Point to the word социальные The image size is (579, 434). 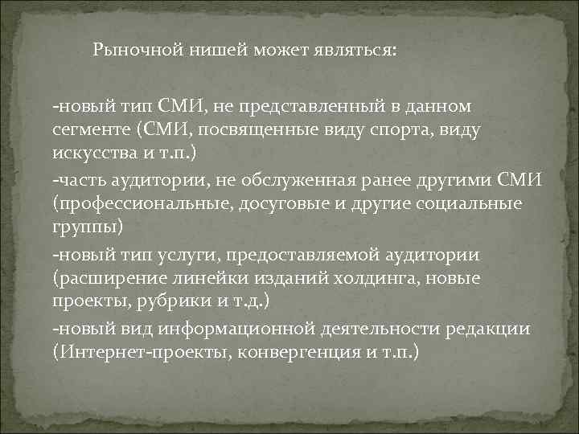coord(469,204)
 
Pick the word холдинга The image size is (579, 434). coord(380,279)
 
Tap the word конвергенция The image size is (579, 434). coord(269,354)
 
